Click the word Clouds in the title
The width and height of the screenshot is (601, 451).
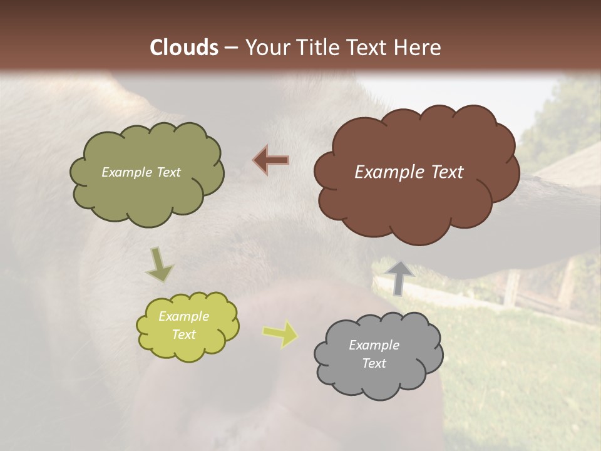click(x=184, y=48)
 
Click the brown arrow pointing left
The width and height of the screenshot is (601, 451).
click(x=271, y=160)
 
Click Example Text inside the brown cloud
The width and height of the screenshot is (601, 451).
click(x=409, y=172)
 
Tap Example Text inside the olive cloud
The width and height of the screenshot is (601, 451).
click(x=141, y=172)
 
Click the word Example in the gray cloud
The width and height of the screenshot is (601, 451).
click(x=374, y=345)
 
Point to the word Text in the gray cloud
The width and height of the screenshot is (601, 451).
click(x=374, y=363)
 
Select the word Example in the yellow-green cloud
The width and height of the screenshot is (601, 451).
click(x=183, y=316)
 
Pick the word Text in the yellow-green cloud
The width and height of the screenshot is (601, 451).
click(x=183, y=334)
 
